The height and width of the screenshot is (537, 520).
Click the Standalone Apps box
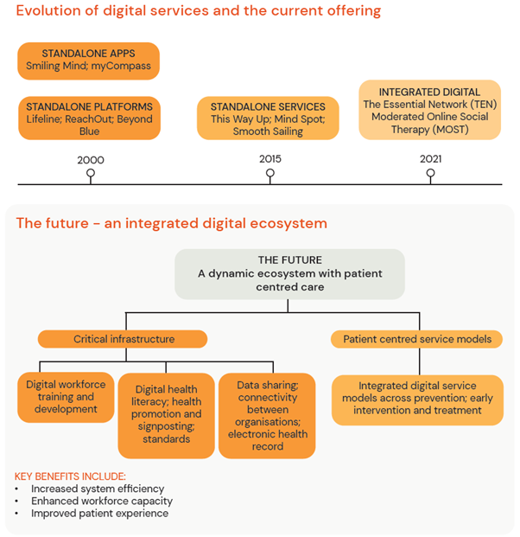tap(88, 59)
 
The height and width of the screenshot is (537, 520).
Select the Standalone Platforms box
tap(88, 118)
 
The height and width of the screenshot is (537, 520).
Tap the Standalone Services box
tap(268, 118)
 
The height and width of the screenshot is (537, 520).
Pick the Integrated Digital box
tap(429, 110)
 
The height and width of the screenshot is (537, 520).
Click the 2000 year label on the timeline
tap(91, 160)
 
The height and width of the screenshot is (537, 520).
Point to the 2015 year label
tap(270, 159)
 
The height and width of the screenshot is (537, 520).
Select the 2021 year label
tap(430, 159)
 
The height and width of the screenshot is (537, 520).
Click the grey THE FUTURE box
tap(289, 272)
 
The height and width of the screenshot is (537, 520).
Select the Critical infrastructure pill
tap(122, 339)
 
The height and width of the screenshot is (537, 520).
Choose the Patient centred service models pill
tap(417, 339)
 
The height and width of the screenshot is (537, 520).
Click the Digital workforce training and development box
tap(66, 396)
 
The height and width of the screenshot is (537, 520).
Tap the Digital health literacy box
tap(166, 415)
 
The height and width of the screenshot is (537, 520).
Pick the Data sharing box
tap(266, 415)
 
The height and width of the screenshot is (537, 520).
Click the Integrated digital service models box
tap(417, 400)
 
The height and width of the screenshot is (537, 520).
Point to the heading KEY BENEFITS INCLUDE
tap(70, 476)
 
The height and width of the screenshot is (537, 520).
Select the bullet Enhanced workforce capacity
tap(102, 501)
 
